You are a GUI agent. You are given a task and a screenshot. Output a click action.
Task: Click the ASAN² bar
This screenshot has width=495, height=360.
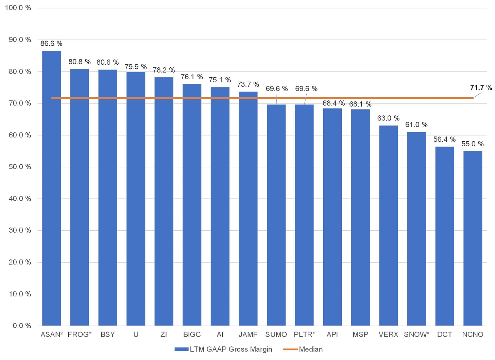click(51, 188)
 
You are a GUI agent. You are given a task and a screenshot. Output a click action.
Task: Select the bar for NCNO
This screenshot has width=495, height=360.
click(473, 239)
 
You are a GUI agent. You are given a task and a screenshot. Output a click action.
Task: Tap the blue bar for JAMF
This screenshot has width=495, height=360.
click(248, 209)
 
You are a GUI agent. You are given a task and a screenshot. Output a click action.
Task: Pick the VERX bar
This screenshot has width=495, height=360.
click(389, 226)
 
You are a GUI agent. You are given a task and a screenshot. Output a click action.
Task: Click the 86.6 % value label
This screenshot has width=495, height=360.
click(51, 43)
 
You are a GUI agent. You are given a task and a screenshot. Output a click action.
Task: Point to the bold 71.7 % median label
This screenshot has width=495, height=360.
click(481, 87)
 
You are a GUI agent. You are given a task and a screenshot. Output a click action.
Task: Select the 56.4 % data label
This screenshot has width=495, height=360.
click(444, 139)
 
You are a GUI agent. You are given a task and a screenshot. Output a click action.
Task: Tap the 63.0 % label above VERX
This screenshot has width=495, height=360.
click(388, 118)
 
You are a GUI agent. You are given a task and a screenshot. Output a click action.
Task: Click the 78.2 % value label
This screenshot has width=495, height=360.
click(164, 70)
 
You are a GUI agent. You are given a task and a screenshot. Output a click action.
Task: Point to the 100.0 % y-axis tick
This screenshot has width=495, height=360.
click(18, 8)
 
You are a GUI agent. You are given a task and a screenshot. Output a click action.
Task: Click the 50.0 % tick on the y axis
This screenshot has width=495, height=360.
click(20, 167)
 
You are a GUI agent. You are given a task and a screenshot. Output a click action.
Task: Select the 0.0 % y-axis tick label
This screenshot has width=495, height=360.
click(22, 326)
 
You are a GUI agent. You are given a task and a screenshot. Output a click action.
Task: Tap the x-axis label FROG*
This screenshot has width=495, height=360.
click(80, 334)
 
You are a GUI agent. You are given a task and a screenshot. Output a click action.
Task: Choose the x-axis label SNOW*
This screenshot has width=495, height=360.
click(416, 334)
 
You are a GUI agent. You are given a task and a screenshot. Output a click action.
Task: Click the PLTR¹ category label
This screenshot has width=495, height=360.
click(304, 334)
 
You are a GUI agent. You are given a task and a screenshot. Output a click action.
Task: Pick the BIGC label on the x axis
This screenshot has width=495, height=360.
click(192, 334)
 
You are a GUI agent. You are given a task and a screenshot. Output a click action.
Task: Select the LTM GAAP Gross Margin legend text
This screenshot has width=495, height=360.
click(231, 349)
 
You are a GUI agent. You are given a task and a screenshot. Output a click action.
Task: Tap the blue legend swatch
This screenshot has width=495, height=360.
click(182, 349)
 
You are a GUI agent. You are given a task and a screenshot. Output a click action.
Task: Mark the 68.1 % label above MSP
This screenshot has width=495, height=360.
click(360, 104)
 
